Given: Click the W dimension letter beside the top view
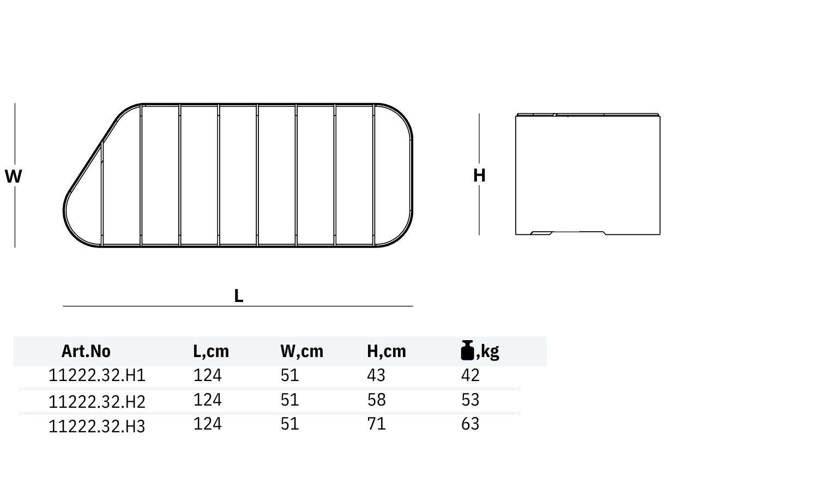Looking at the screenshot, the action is pos(14,176).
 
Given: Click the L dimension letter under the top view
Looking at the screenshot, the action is pos(238,296).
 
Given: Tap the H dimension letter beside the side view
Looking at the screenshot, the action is pos(479,176).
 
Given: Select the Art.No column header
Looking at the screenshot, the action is pos(86,351).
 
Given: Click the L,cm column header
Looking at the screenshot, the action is pos(211,351).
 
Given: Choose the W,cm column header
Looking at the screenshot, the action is pos(302,351).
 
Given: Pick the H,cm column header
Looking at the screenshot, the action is pos(386,351).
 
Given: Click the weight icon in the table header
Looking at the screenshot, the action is pos(467,350).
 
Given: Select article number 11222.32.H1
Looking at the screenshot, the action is pos(97,375).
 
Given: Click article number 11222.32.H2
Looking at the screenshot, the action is pos(97,402).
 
